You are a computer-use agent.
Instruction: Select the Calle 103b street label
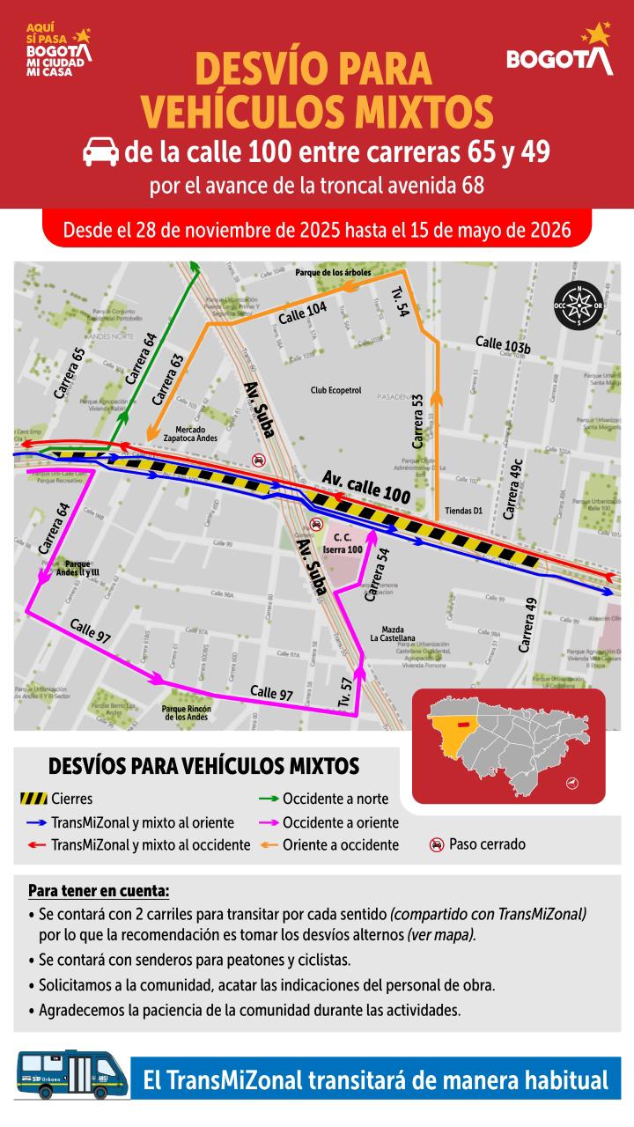tap(503, 344)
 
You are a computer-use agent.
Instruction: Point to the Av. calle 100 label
tap(366, 486)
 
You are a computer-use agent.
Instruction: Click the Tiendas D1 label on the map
tap(465, 510)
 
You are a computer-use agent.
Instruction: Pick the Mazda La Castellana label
tap(393, 634)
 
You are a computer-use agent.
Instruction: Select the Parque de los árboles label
tap(334, 273)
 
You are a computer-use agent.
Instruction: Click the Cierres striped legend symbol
tap(33, 799)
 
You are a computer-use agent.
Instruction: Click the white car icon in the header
tap(101, 153)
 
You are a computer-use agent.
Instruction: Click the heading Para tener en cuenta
tap(98, 890)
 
